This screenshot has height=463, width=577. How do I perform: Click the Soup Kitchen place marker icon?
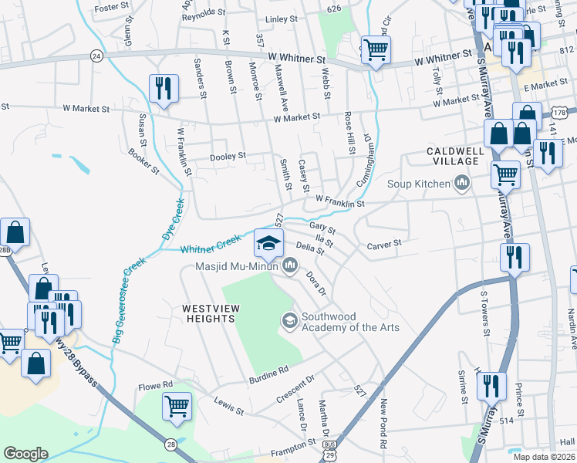coord(463,183)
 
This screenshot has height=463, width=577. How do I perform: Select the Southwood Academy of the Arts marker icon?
coord(289,319)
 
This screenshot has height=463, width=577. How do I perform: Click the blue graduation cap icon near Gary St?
coord(268,243)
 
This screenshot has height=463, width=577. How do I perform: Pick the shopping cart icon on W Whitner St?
coord(376,51)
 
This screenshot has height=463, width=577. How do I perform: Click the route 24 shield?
coord(96,56)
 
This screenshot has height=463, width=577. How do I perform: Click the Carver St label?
coord(384,245)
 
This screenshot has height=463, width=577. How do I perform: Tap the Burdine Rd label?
coord(268,376)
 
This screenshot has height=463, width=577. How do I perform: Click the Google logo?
coord(25,454)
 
